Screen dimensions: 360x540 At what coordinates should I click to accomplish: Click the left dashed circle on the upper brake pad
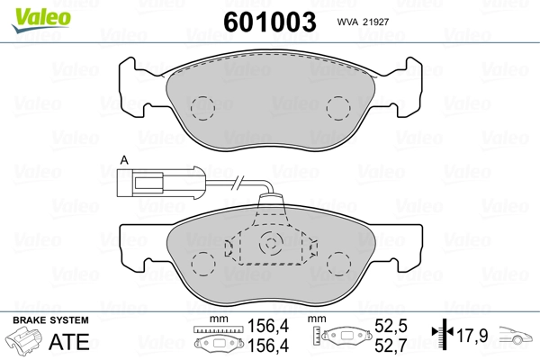(x=204, y=108)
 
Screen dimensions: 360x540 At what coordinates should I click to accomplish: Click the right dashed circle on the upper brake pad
(x=339, y=108)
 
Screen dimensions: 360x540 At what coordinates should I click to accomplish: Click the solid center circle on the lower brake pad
(x=272, y=244)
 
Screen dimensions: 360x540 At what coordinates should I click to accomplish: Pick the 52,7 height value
(x=391, y=345)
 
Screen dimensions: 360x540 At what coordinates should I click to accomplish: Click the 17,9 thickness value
(x=472, y=337)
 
